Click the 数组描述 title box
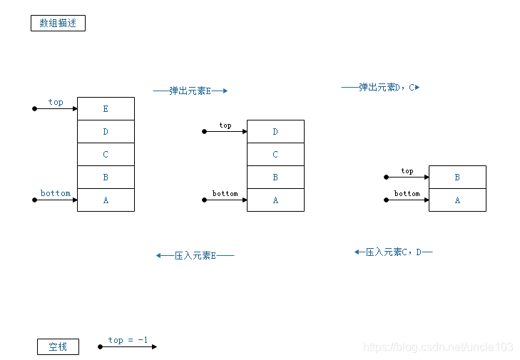[58, 24]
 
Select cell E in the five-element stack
[106, 109]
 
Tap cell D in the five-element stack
[106, 132]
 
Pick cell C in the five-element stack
[106, 155]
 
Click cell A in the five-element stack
[106, 200]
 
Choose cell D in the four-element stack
[275, 132]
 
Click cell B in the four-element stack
[275, 178]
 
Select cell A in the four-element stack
[275, 200]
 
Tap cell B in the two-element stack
[457, 178]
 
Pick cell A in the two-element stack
[457, 200]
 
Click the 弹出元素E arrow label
[190, 91]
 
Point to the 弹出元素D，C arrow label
[380, 88]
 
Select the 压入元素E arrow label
[195, 255]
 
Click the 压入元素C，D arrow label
[393, 252]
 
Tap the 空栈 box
[58, 347]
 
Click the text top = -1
[128, 340]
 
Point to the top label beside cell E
[56, 103]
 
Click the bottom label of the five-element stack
[56, 193]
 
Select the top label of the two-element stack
[407, 171]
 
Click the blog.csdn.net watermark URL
[438, 347]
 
